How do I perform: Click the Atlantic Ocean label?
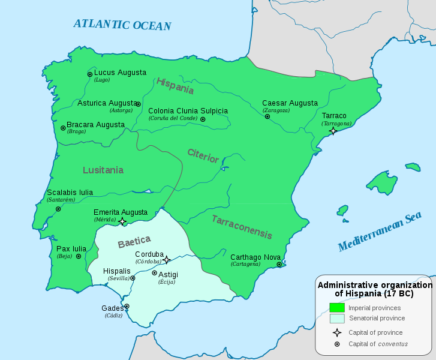click(122, 25)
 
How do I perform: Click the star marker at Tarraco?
click(333, 130)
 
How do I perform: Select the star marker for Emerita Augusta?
click(122, 221)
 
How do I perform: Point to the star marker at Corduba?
click(167, 259)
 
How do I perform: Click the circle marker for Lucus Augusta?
click(90, 74)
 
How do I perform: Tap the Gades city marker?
click(127, 306)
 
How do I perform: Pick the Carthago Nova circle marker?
click(279, 264)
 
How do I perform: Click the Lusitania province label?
click(103, 170)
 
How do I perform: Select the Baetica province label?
click(134, 242)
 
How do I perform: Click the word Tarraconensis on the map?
click(242, 227)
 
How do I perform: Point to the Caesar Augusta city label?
click(290, 103)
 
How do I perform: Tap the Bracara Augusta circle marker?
click(63, 128)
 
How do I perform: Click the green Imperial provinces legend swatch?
click(336, 308)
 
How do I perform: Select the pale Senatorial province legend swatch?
click(336, 319)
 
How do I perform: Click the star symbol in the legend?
click(336, 332)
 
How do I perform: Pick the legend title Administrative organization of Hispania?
click(374, 289)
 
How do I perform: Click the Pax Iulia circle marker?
click(79, 256)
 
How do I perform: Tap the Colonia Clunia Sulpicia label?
click(188, 111)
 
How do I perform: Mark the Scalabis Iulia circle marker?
click(58, 209)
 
